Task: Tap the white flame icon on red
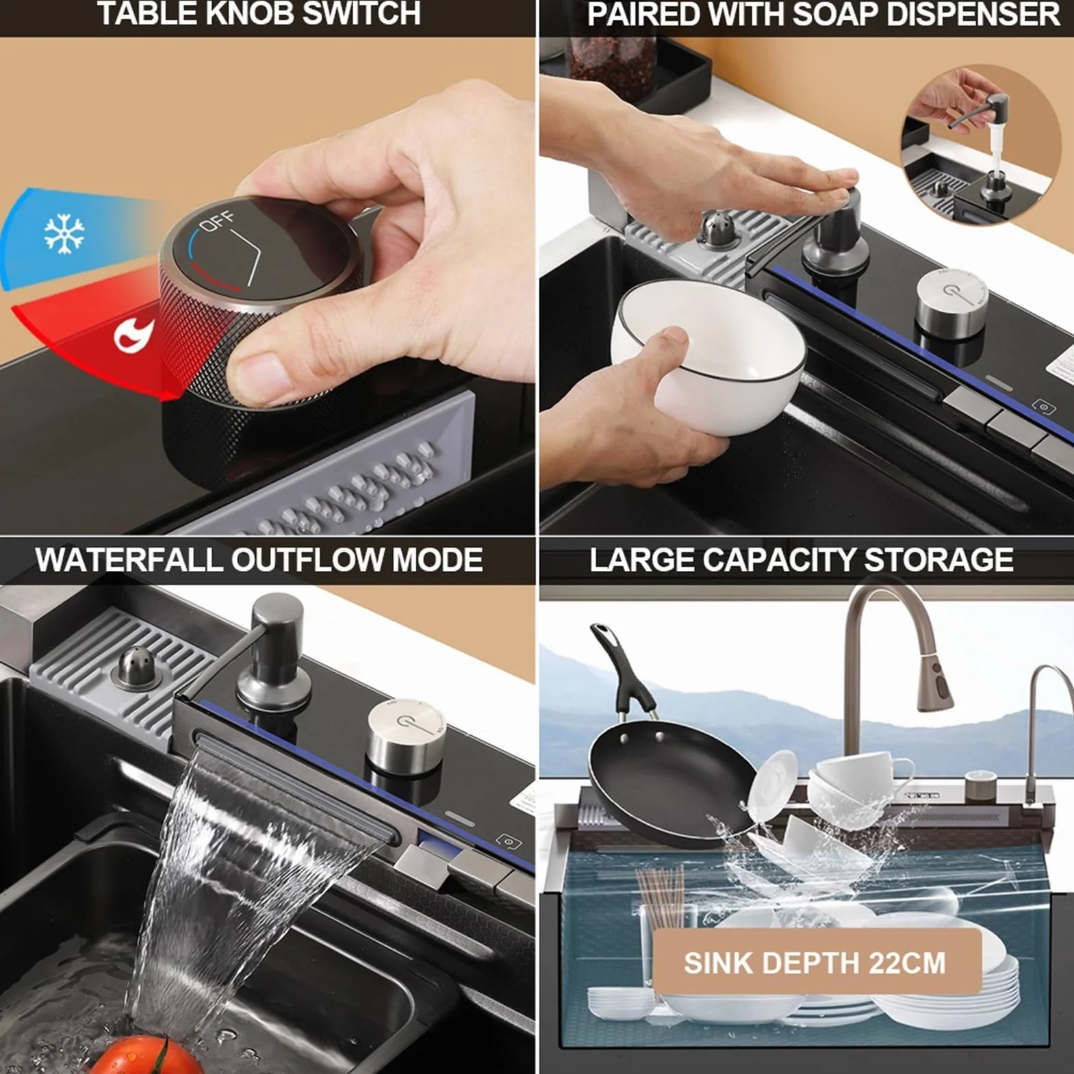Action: tap(133, 334)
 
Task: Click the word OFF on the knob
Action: tap(217, 222)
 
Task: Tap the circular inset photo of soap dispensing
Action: tap(980, 144)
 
